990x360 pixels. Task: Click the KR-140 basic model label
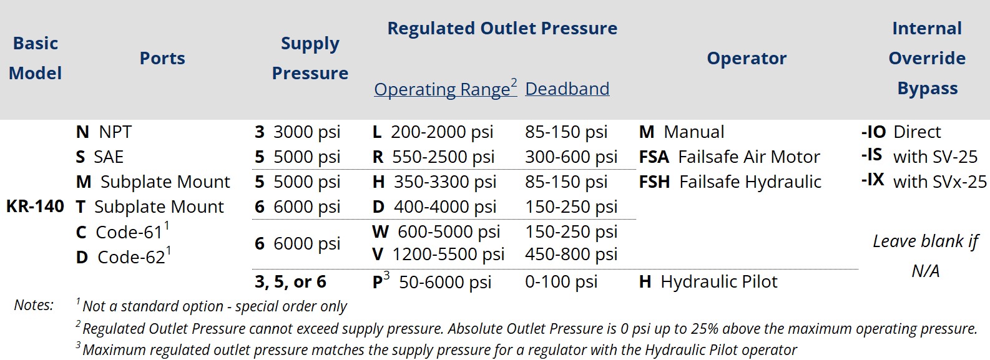coord(35,207)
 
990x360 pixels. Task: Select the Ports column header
coord(162,58)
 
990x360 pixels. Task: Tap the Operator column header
coord(747,58)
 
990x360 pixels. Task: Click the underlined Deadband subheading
coord(567,89)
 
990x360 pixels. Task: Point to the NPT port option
coord(104,132)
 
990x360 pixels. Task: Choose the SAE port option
coord(100,157)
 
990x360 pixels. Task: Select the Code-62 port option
coord(124,256)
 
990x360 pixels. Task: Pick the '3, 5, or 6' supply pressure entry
coord(290,282)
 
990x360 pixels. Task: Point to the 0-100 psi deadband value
coord(561,282)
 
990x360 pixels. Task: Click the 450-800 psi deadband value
coord(571,254)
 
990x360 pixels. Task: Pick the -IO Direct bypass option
coord(901,132)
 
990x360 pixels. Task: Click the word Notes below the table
coord(34,305)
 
